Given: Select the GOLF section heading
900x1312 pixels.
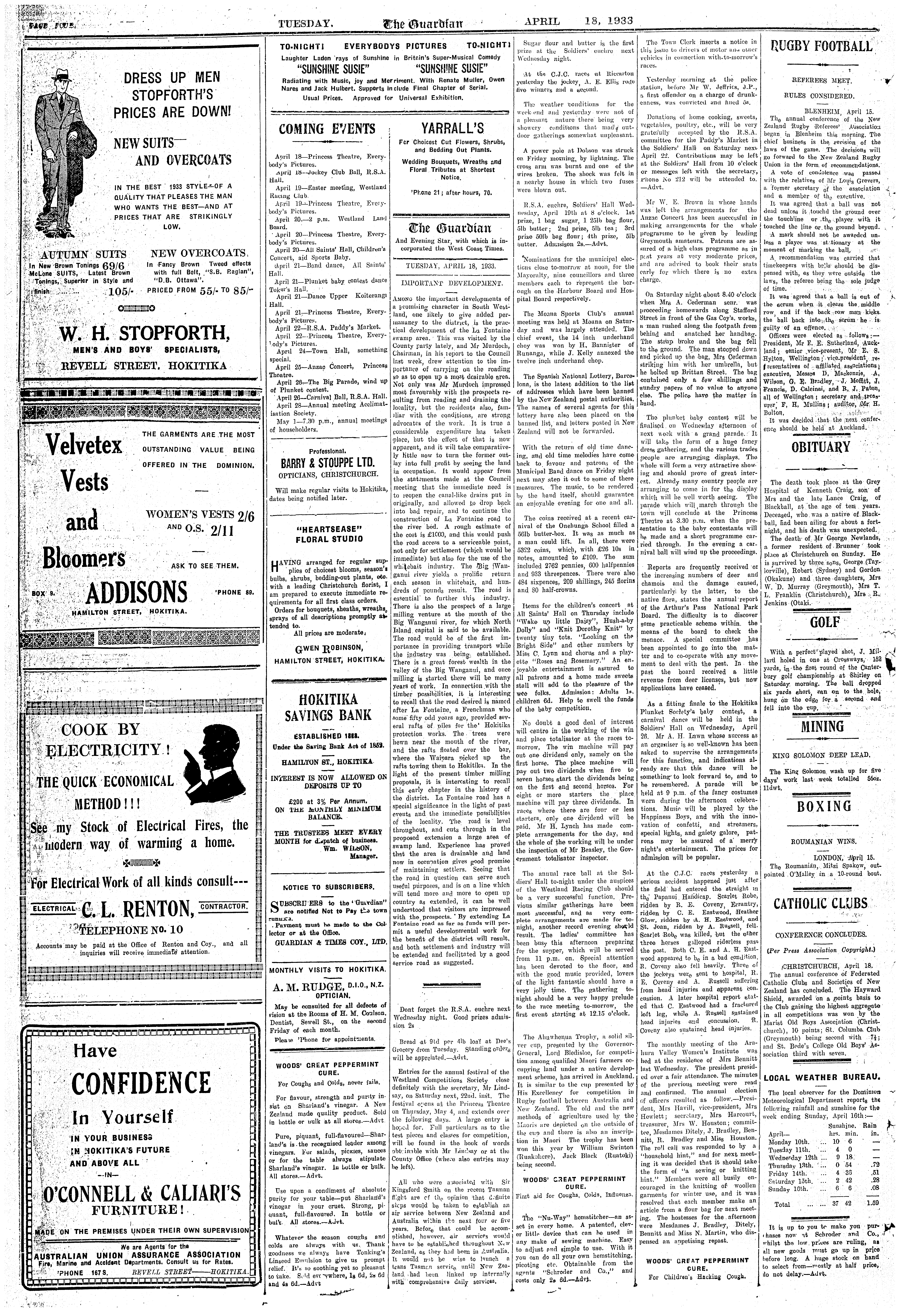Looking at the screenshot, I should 824,623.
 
